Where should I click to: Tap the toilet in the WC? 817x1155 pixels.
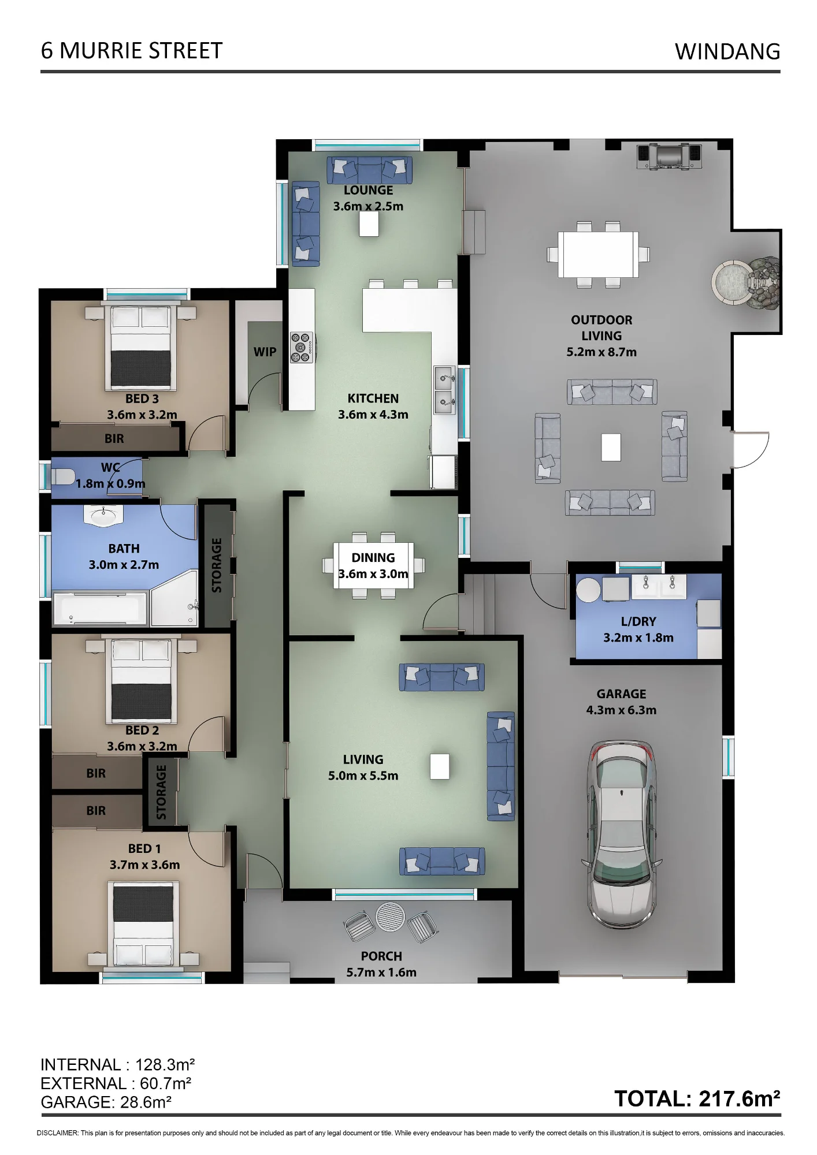pyautogui.click(x=63, y=476)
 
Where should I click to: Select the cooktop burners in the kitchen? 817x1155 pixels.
pyautogui.click(x=302, y=347)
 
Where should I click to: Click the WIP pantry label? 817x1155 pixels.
pyautogui.click(x=265, y=352)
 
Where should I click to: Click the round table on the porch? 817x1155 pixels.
pyautogui.click(x=391, y=916)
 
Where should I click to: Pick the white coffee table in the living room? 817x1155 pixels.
pyautogui.click(x=440, y=766)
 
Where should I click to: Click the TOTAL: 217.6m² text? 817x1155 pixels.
pyautogui.click(x=697, y=1099)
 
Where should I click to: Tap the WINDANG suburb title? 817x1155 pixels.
pyautogui.click(x=727, y=51)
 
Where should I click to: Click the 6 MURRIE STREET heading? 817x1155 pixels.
pyautogui.click(x=132, y=51)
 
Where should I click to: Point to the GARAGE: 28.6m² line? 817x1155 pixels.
pyautogui.click(x=106, y=1102)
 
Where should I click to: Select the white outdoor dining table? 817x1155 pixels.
pyautogui.click(x=598, y=254)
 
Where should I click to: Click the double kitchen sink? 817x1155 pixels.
pyautogui.click(x=444, y=390)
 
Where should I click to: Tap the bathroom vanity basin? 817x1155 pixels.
pyautogui.click(x=104, y=515)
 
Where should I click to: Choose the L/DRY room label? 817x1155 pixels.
pyautogui.click(x=638, y=621)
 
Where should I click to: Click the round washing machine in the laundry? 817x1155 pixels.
pyautogui.click(x=589, y=590)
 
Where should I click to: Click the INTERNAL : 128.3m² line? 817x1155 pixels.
pyautogui.click(x=117, y=1065)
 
